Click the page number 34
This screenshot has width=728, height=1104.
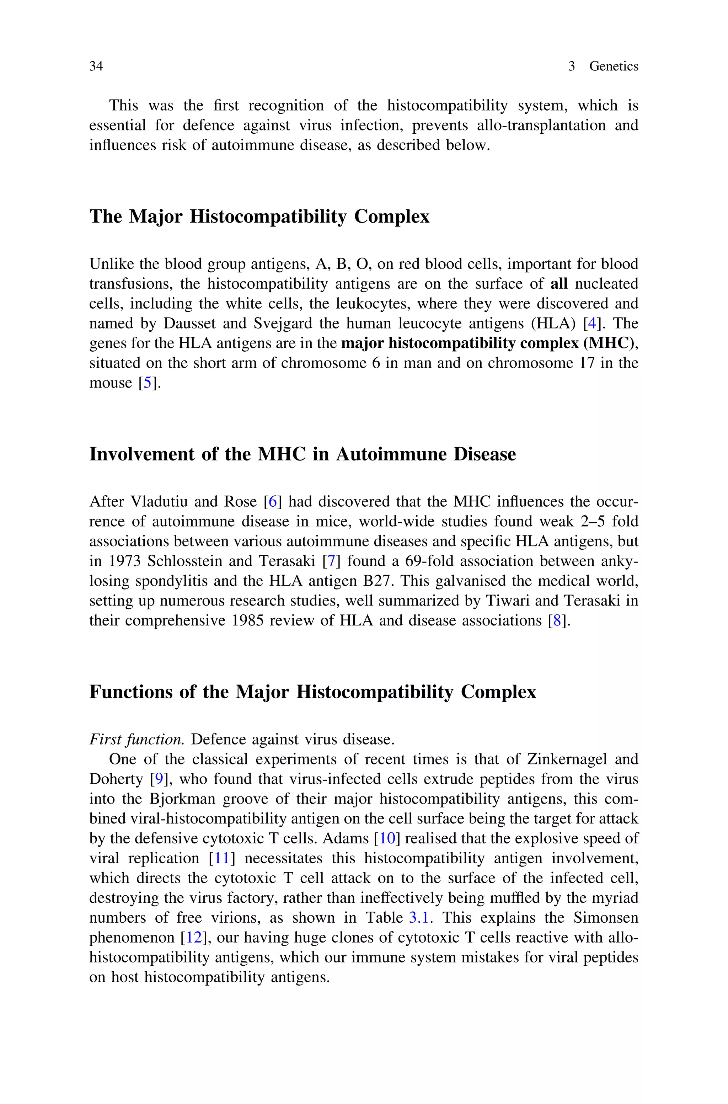point(96,66)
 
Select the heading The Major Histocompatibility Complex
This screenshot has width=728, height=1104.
point(259,216)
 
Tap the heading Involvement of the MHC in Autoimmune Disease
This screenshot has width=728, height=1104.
point(302,454)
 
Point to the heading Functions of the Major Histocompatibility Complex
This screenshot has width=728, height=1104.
point(312,692)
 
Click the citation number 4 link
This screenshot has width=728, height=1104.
point(591,323)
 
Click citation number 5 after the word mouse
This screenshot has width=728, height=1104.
point(147,383)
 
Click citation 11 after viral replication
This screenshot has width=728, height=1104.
point(223,858)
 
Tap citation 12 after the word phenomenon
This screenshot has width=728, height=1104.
point(194,937)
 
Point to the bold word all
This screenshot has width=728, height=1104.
point(558,284)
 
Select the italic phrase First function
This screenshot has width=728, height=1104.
point(136,740)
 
